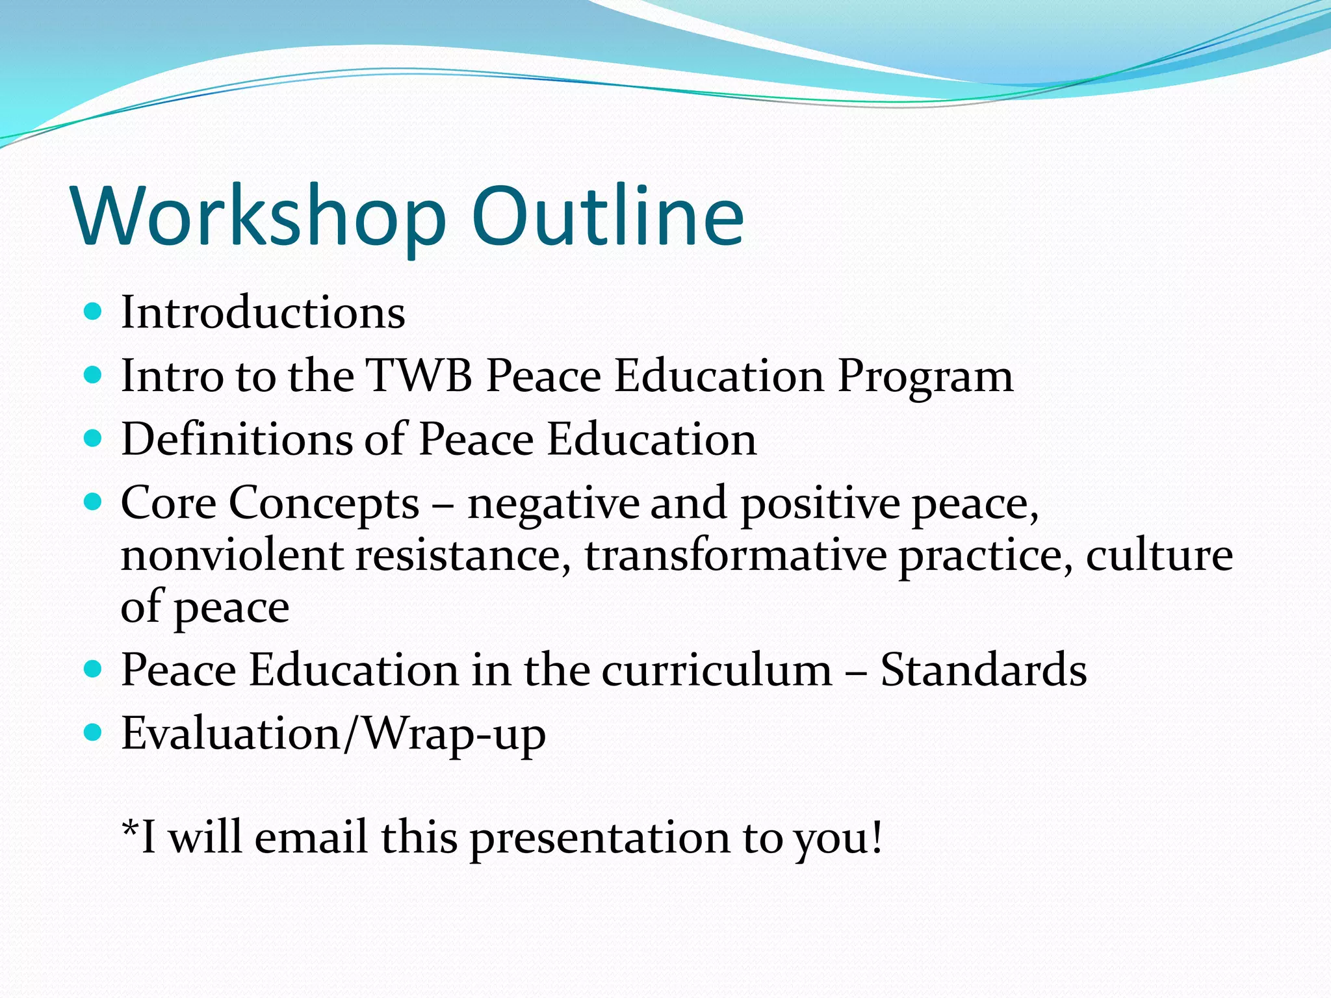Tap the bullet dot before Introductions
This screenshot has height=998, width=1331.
94,312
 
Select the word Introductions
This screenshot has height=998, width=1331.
263,313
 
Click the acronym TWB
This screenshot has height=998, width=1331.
419,376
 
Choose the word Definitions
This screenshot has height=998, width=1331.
237,439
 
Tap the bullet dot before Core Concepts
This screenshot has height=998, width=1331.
94,502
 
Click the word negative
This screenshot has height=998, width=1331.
553,504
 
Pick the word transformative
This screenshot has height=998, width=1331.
735,556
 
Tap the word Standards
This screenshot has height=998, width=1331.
983,670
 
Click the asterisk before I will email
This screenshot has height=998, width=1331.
131,830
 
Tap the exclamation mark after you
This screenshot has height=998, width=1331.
877,837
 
